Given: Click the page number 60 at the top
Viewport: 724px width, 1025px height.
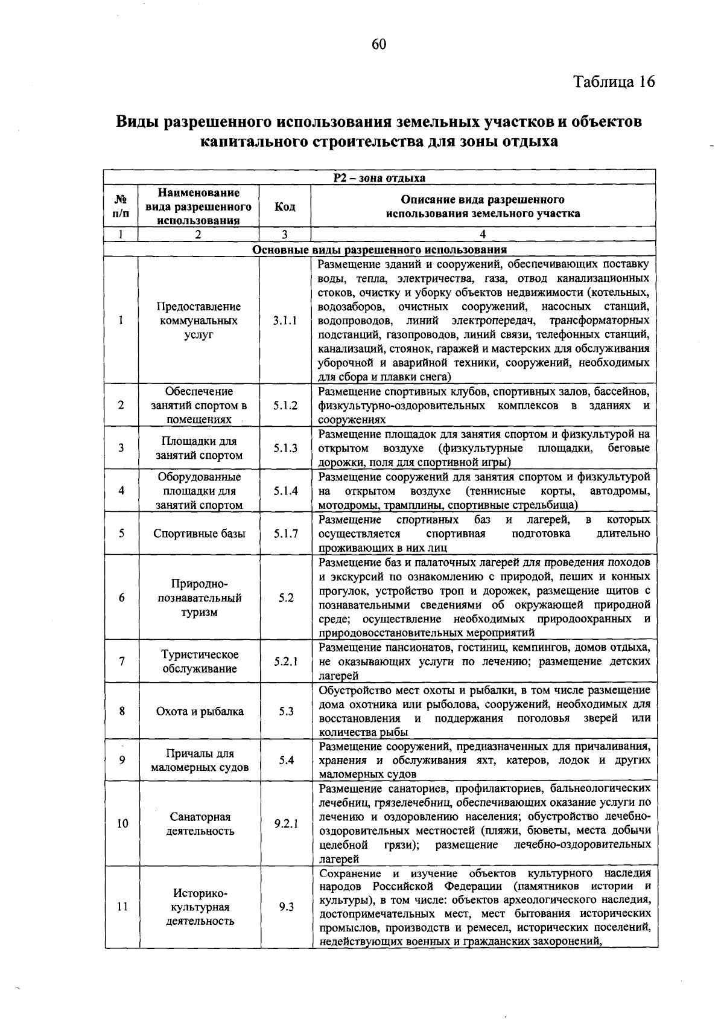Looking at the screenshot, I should point(379,44).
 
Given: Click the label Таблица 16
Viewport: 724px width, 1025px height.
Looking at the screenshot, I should point(613,81).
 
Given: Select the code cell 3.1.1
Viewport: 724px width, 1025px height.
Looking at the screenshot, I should point(285,321).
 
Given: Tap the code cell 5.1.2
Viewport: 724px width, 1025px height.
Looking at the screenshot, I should point(285,406).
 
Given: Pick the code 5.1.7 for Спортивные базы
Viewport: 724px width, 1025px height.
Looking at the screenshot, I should point(285,534).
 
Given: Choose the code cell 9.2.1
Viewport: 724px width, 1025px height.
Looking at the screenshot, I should point(285,823).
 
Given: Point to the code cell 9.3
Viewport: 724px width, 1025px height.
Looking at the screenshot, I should point(286,907).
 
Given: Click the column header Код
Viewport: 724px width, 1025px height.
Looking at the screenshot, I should point(285,206).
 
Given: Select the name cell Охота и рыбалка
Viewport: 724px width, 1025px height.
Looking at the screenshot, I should point(200,711).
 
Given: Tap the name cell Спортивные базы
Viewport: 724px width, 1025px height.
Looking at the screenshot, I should point(199,534).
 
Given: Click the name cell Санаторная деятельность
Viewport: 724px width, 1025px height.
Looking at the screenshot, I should point(200,823).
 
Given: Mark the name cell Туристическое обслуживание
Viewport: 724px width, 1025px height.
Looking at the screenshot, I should point(200,662).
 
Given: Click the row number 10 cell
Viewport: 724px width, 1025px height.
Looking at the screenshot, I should point(122,823).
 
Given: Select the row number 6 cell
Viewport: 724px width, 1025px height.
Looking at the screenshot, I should point(122,598).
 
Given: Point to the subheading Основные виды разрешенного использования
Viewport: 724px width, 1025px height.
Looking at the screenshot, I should point(379,250).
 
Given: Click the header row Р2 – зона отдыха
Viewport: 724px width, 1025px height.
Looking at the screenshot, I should point(379,178).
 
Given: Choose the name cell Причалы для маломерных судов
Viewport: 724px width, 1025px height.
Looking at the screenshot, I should point(200,761).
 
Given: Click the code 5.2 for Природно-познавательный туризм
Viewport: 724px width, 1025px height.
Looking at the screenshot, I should point(286,598).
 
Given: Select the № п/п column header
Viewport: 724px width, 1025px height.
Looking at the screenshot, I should point(121,206).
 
